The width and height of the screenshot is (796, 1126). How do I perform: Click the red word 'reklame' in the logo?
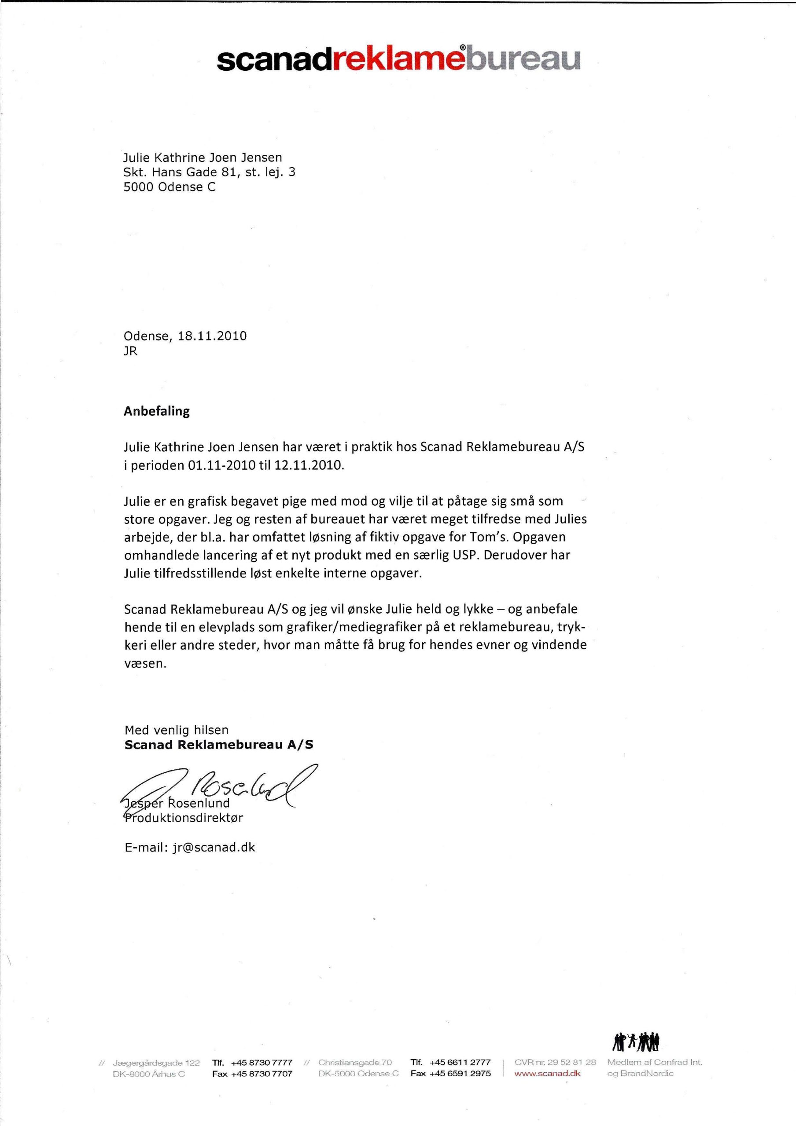[395, 60]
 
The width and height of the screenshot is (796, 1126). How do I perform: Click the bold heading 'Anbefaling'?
[157, 411]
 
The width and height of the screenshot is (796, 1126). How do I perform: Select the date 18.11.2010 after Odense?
[212, 336]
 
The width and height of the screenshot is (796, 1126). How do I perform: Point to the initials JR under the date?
[131, 351]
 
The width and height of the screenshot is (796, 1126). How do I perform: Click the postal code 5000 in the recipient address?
[138, 187]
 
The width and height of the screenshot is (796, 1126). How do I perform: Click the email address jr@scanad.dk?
[214, 848]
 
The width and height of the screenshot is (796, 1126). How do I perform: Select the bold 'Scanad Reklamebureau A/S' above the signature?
[219, 745]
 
